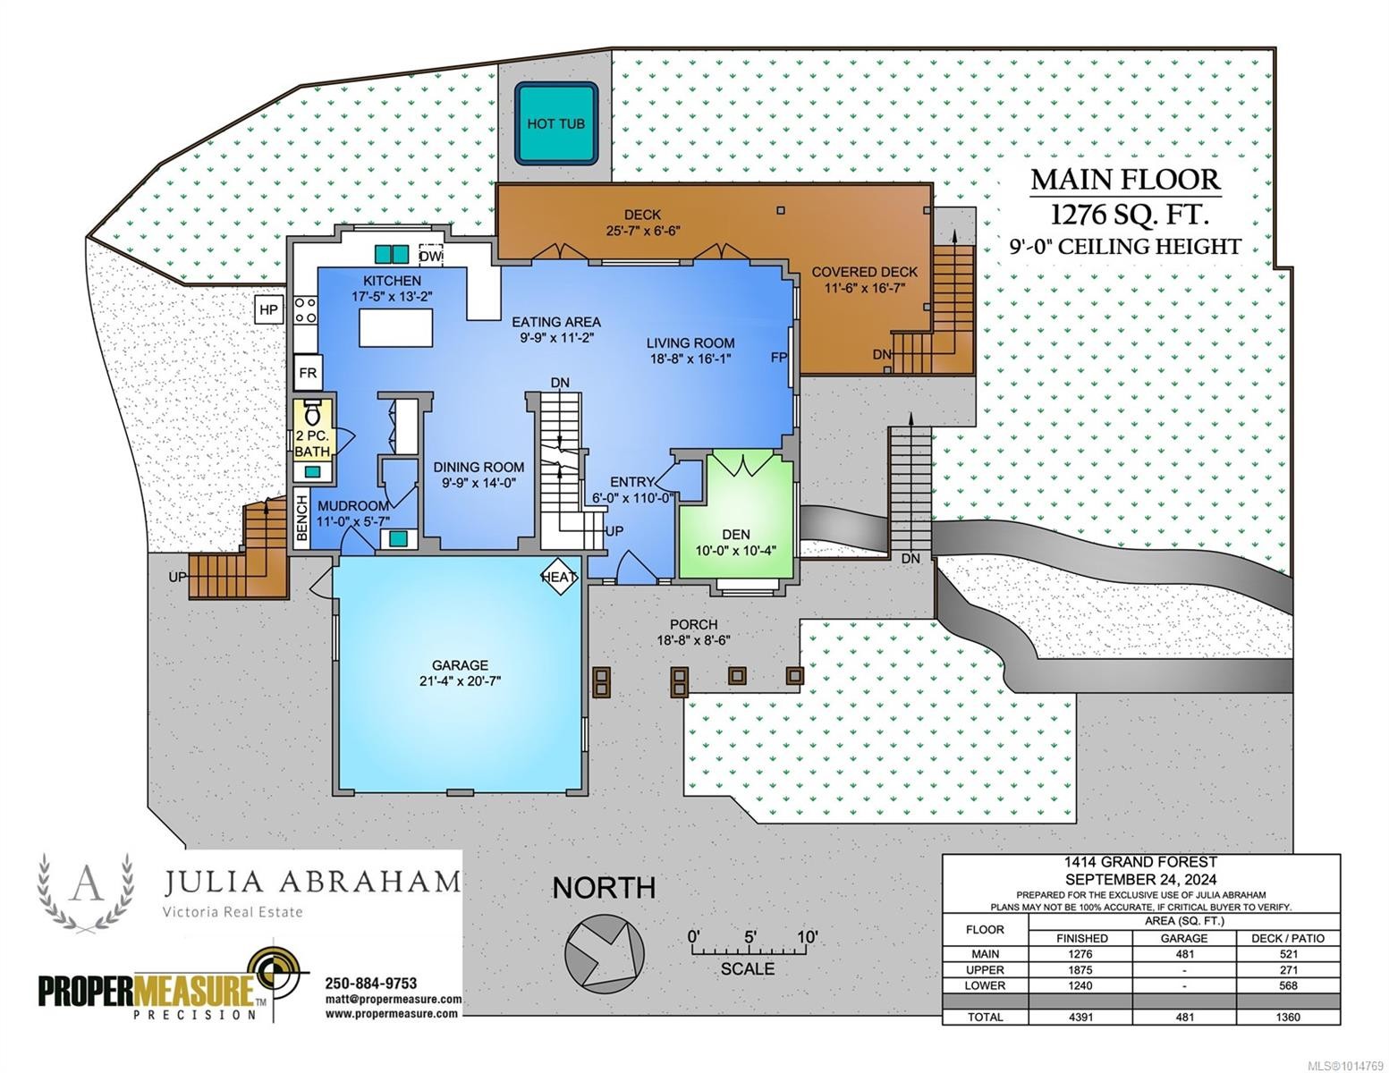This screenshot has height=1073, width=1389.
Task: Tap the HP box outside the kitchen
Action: click(268, 310)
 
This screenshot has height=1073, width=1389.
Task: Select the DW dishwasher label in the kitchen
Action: click(430, 257)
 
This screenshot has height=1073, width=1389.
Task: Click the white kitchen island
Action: click(395, 327)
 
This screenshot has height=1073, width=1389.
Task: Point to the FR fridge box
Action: click(308, 373)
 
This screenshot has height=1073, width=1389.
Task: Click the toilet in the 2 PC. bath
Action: click(312, 413)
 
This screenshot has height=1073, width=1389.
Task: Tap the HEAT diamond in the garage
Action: click(559, 577)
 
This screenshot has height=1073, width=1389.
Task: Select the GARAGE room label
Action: click(460, 664)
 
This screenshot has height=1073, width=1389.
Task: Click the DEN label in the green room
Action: click(736, 534)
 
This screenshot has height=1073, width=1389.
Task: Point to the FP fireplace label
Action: click(778, 358)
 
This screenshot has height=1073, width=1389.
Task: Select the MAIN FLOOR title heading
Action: click(1125, 180)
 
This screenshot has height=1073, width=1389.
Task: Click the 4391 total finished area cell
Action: click(1080, 1017)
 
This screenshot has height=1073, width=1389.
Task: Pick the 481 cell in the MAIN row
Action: click(1184, 954)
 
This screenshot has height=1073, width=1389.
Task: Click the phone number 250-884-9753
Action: click(371, 983)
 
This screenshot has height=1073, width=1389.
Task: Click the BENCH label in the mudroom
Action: click(301, 520)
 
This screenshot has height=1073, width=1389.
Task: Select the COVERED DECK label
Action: click(864, 272)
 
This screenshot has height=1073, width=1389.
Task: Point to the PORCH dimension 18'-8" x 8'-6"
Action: click(693, 640)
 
